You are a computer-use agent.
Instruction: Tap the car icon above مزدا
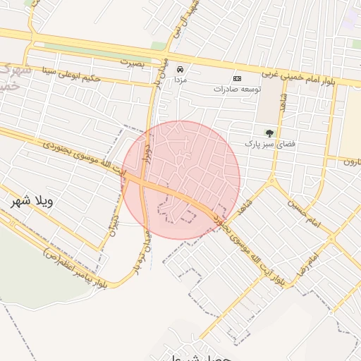pos(180,70)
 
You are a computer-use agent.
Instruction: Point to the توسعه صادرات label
pos(238,90)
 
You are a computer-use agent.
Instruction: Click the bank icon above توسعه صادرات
pos(237,78)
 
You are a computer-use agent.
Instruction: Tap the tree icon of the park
pos(269,132)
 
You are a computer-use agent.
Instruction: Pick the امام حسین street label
pos(304,214)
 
